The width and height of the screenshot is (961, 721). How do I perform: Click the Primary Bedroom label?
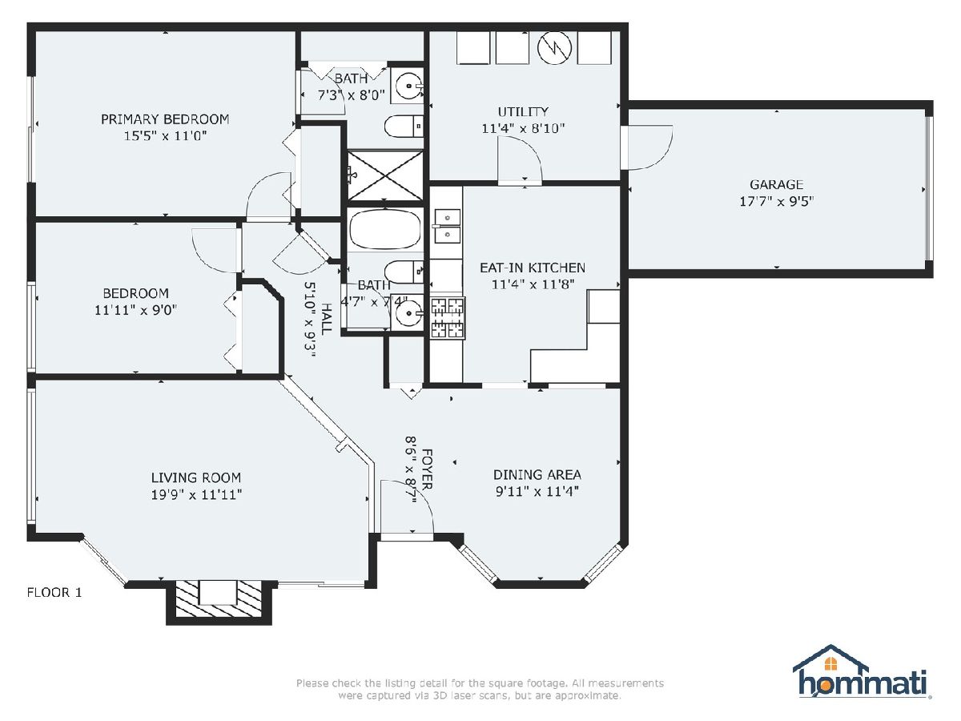(x=165, y=119)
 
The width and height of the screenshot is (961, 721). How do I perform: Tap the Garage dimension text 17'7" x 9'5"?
(x=776, y=201)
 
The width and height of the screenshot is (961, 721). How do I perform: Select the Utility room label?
(x=523, y=111)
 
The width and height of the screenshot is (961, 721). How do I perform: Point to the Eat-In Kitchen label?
(x=533, y=268)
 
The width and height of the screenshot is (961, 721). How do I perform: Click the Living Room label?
(x=196, y=477)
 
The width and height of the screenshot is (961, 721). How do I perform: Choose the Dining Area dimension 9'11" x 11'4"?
(x=537, y=491)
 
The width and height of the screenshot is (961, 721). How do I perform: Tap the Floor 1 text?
(x=54, y=592)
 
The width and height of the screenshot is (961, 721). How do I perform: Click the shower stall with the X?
(x=385, y=175)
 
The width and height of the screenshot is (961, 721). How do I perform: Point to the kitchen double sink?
(x=447, y=227)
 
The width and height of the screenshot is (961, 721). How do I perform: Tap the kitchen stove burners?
(x=448, y=318)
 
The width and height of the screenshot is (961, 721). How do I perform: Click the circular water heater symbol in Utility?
(x=555, y=48)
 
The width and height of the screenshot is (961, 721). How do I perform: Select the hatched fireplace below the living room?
(x=219, y=599)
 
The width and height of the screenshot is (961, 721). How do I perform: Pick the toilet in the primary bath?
(x=404, y=127)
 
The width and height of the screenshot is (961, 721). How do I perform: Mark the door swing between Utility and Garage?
(x=650, y=147)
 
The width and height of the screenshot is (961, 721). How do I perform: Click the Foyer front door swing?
(x=407, y=507)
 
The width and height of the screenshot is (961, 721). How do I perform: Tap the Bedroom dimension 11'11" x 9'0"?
(x=135, y=310)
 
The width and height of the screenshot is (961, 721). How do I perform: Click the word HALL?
(x=326, y=319)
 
